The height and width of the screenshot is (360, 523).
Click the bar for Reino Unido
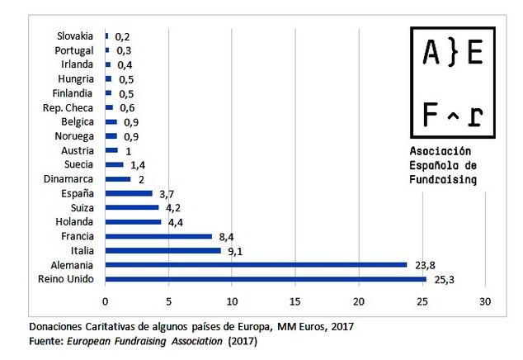pyautogui.click(x=266, y=279)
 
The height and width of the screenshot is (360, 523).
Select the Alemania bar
pyautogui.click(x=256, y=265)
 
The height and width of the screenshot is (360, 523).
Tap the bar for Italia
pyautogui.click(x=163, y=250)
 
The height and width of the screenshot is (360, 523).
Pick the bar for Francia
pyautogui.click(x=158, y=236)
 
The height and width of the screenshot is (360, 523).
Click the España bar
pyautogui.click(x=129, y=193)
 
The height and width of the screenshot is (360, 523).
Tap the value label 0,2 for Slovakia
pyautogui.click(x=123, y=36)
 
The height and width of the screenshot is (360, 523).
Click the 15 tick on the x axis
pyautogui.click(x=295, y=301)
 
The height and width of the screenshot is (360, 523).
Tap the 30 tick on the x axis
pyautogui.click(x=486, y=301)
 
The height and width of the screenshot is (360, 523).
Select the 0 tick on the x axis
pyautogui.click(x=106, y=301)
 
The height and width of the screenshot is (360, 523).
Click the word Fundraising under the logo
pyautogui.click(x=443, y=178)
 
